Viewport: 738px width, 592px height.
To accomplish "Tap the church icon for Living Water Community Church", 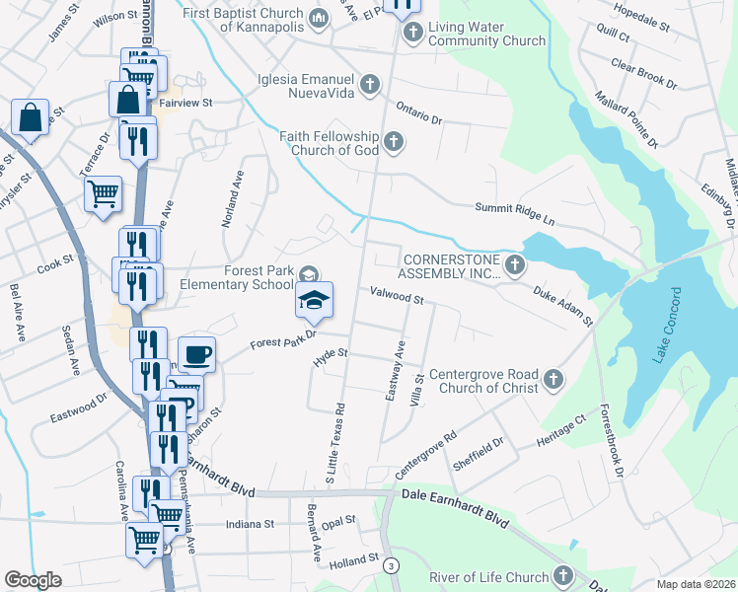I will [x=412, y=34].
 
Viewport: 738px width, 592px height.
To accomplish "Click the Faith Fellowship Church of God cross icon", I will [x=393, y=143].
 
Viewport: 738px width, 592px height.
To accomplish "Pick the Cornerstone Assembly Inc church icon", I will [x=514, y=264].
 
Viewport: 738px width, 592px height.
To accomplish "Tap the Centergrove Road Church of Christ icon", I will [x=553, y=379].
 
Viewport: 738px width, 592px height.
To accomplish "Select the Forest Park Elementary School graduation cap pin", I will [x=315, y=300].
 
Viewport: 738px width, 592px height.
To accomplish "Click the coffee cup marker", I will [x=196, y=353].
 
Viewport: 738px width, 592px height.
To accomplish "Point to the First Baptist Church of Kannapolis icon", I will [x=318, y=19].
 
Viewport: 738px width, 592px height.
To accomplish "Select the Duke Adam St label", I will [x=563, y=307].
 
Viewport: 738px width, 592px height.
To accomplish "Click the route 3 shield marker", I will [x=392, y=565].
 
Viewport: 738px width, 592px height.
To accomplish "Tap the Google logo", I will [x=33, y=580].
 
